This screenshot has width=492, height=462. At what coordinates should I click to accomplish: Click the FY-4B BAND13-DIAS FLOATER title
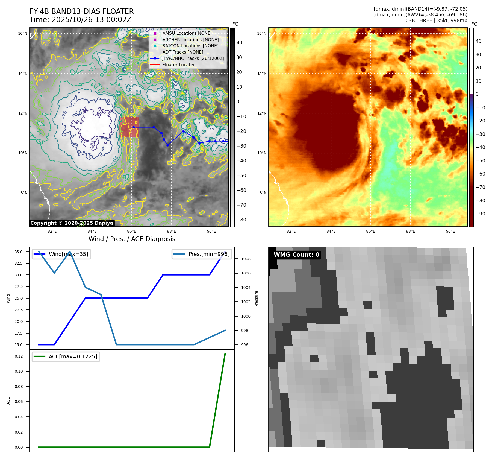(81, 11)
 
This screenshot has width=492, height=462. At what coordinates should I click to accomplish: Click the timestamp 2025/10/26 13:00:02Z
(91, 20)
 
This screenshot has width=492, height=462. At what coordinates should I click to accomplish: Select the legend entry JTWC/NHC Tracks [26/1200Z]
(193, 58)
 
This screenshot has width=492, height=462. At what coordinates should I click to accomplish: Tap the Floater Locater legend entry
(178, 65)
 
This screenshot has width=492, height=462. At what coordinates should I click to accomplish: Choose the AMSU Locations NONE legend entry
(186, 33)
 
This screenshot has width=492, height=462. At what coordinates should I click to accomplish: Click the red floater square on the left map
(129, 127)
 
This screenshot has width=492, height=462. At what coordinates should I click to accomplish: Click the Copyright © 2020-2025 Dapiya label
(72, 223)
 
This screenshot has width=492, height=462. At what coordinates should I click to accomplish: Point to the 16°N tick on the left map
(23, 34)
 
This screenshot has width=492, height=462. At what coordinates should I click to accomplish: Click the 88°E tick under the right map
(410, 231)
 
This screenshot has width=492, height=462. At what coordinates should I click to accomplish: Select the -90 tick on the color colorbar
(480, 214)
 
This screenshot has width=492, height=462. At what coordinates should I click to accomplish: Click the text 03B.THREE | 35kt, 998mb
(436, 21)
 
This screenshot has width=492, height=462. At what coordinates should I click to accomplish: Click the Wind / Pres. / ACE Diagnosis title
(132, 239)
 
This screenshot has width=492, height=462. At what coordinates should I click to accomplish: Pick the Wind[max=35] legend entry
(68, 254)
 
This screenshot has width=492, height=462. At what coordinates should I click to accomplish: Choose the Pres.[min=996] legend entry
(209, 254)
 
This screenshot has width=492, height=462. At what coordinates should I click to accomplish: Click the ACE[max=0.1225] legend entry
(73, 356)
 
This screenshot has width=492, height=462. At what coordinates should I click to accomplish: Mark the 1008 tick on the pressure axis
(246, 259)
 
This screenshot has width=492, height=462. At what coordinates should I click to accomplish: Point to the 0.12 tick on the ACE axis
(19, 356)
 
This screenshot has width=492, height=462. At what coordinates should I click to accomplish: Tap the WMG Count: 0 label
(296, 255)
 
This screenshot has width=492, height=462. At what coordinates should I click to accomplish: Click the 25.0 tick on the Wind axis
(19, 298)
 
